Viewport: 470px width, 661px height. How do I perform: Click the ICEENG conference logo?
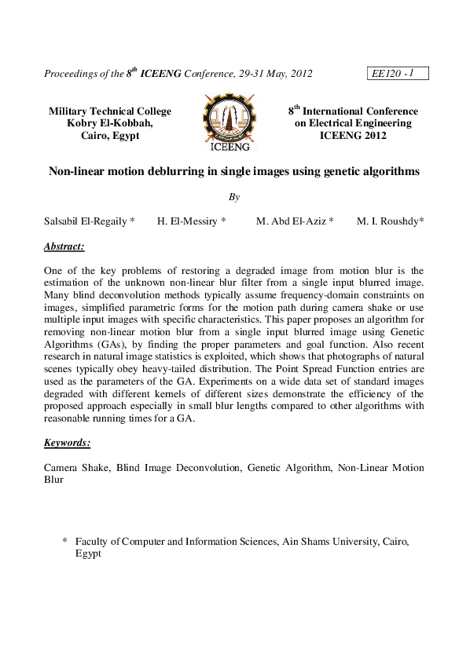229,122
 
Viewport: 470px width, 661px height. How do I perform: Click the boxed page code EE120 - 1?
397,74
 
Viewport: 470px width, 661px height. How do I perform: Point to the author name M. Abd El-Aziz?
290,221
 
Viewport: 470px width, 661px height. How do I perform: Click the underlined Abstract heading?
64,247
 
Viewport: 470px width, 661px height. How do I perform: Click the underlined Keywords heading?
68,443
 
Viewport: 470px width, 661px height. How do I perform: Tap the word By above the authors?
234,196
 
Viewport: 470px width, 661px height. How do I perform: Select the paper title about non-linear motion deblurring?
234,170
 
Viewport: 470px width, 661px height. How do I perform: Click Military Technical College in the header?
110,111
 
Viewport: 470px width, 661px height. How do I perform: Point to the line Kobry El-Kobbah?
111,123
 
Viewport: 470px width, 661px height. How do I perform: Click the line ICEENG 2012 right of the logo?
353,135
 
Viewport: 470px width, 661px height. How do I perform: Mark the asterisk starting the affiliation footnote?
64,542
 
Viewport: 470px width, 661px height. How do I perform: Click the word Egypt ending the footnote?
88,553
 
